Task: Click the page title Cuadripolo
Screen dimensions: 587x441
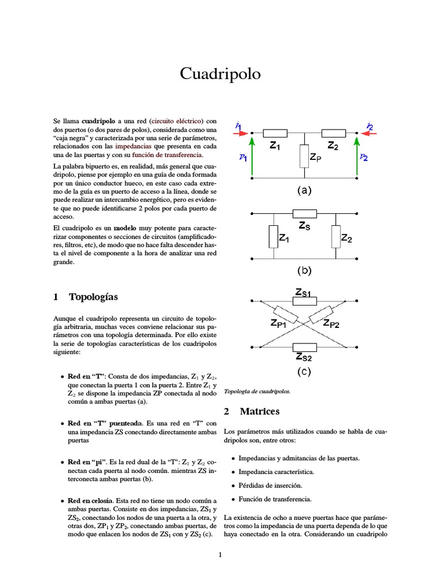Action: coord(220,74)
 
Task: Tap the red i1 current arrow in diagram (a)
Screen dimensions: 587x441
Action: coord(241,133)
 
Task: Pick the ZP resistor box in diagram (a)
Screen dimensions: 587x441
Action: coord(304,156)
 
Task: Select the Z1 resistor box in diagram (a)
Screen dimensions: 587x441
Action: coord(274,133)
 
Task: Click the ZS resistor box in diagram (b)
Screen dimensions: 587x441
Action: coord(304,213)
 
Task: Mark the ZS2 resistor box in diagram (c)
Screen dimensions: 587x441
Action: coord(304,347)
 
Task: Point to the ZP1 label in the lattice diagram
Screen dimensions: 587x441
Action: coord(282,324)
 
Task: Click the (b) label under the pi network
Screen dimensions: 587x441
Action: coord(304,270)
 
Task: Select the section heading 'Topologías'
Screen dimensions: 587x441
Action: coord(93,297)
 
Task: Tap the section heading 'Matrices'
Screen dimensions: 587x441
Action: coord(260,412)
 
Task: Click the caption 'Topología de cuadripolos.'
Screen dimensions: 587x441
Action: coord(257,392)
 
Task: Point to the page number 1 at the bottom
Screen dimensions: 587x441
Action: coord(220,554)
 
